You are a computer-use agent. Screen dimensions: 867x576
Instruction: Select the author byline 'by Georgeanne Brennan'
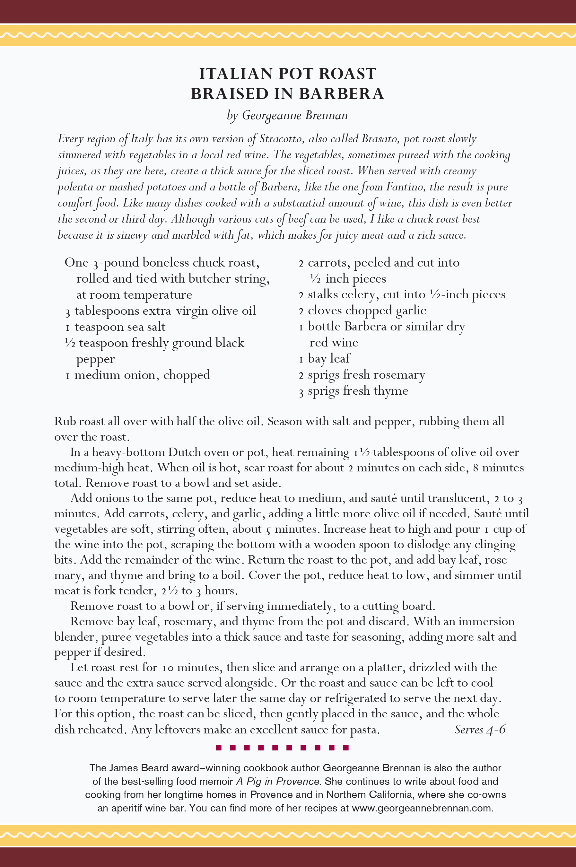click(287, 115)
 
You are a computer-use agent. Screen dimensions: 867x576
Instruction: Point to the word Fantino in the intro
click(405, 187)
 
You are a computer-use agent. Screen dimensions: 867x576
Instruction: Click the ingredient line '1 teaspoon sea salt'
click(115, 327)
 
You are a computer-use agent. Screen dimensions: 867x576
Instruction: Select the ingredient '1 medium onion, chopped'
click(138, 375)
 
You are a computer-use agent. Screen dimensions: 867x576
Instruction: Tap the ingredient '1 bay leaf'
click(325, 358)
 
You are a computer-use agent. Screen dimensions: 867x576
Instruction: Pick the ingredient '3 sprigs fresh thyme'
click(353, 390)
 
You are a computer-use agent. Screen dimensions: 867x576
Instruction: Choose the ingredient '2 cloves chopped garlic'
click(362, 311)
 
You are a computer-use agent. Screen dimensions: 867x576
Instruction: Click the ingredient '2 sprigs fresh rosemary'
click(362, 375)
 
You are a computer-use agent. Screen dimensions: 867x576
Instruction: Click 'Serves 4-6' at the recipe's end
click(480, 729)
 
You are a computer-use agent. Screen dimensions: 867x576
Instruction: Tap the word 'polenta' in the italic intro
click(75, 187)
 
